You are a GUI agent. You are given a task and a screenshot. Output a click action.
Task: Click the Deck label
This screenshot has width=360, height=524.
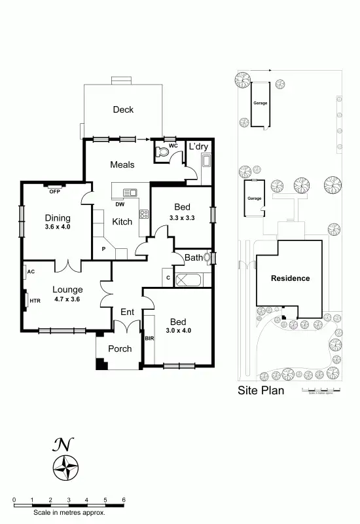(122, 109)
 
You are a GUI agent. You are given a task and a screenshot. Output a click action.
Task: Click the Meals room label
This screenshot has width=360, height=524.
(122, 164)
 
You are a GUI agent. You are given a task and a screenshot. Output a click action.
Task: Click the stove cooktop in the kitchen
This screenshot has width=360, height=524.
(144, 214)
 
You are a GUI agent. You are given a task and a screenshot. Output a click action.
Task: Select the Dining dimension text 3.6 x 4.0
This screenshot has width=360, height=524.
(57, 227)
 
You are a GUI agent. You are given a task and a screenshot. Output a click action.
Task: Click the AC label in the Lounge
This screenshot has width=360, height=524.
(31, 271)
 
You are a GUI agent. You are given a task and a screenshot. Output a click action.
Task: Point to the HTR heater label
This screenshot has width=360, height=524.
(35, 301)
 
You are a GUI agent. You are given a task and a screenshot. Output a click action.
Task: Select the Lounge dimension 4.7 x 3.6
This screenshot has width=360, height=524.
(67, 299)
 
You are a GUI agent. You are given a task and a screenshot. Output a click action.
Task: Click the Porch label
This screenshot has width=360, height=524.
(120, 348)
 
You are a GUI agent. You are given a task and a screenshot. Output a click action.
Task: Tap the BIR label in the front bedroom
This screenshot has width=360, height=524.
(149, 339)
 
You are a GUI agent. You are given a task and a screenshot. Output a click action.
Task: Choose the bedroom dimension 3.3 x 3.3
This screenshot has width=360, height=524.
(182, 217)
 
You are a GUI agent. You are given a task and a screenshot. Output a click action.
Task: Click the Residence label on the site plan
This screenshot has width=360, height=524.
(291, 278)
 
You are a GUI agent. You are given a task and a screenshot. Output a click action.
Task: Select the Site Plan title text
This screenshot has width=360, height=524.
(261, 391)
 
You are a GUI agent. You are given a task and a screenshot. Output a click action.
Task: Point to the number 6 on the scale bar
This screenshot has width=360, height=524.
(124, 500)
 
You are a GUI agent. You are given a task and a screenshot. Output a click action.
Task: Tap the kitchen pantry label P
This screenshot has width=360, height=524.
(103, 249)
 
